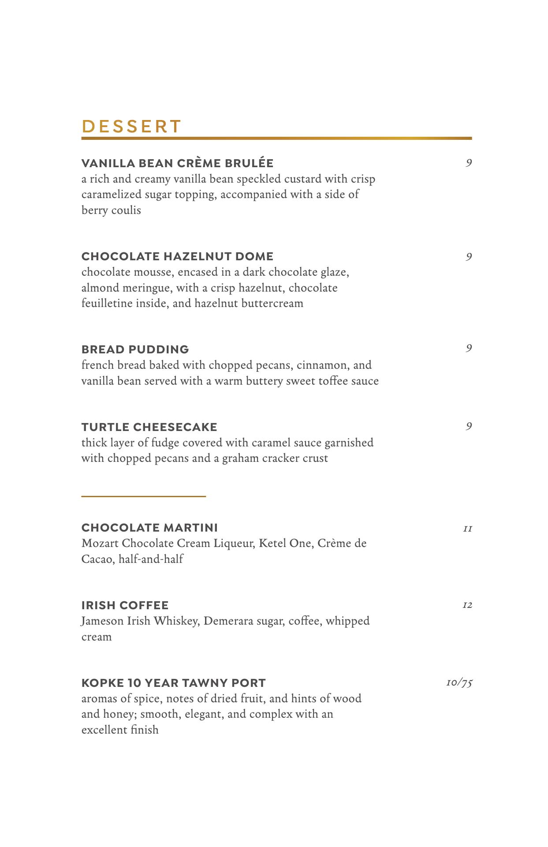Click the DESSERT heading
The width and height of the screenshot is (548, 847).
point(131,127)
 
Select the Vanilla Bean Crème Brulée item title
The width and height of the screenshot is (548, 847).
point(177,163)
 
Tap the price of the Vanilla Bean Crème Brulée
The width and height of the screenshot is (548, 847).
point(469,163)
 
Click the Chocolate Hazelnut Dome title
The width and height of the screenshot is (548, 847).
point(177,256)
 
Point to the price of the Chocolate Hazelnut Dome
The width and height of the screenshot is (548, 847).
point(469,257)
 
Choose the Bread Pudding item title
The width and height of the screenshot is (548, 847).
point(135,349)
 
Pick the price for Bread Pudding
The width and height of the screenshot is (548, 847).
point(469,349)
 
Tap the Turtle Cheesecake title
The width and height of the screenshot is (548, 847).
point(149,427)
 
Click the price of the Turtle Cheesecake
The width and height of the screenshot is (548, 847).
point(469,426)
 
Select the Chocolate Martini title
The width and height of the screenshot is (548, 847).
point(149,528)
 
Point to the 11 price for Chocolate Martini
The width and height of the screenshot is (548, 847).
point(467,528)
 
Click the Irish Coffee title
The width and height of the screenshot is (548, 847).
point(125,605)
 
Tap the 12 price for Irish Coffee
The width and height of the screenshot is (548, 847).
point(467,605)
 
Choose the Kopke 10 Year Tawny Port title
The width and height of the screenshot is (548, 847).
point(173,683)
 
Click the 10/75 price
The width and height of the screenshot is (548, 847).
point(459,683)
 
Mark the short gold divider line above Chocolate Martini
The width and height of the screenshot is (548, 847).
point(143,496)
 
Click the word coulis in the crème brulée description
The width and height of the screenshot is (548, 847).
point(126,210)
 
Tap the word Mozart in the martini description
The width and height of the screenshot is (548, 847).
point(100,543)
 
